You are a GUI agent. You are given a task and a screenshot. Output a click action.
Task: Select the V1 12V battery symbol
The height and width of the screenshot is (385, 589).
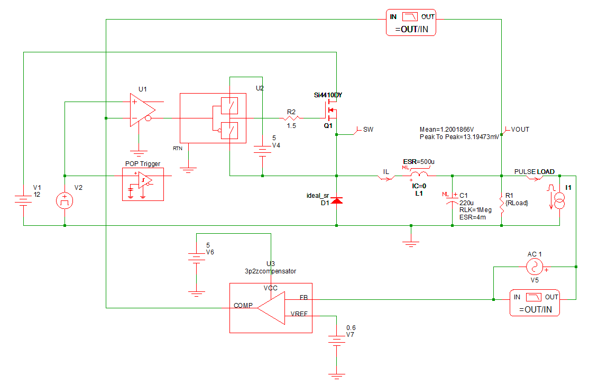click(x=23, y=200)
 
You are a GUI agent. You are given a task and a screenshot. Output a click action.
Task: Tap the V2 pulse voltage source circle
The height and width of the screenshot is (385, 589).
click(x=65, y=200)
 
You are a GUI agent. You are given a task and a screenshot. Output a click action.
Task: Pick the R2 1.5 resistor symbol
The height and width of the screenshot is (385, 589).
click(x=291, y=118)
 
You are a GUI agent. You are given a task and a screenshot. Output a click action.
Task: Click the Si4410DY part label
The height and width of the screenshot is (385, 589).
click(x=328, y=95)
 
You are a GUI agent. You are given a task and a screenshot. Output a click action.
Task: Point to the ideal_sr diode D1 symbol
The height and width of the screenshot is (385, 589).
click(x=337, y=200)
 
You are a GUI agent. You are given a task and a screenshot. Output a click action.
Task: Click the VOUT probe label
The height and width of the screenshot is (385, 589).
click(x=520, y=129)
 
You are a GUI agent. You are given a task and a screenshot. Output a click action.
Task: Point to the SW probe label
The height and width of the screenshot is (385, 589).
click(x=367, y=129)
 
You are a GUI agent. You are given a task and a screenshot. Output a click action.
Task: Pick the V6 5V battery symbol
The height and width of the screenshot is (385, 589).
click(x=196, y=258)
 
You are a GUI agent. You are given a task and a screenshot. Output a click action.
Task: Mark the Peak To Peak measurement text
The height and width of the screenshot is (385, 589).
click(x=458, y=136)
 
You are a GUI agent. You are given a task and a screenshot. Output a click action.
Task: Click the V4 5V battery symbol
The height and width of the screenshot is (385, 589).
click(x=262, y=150)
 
